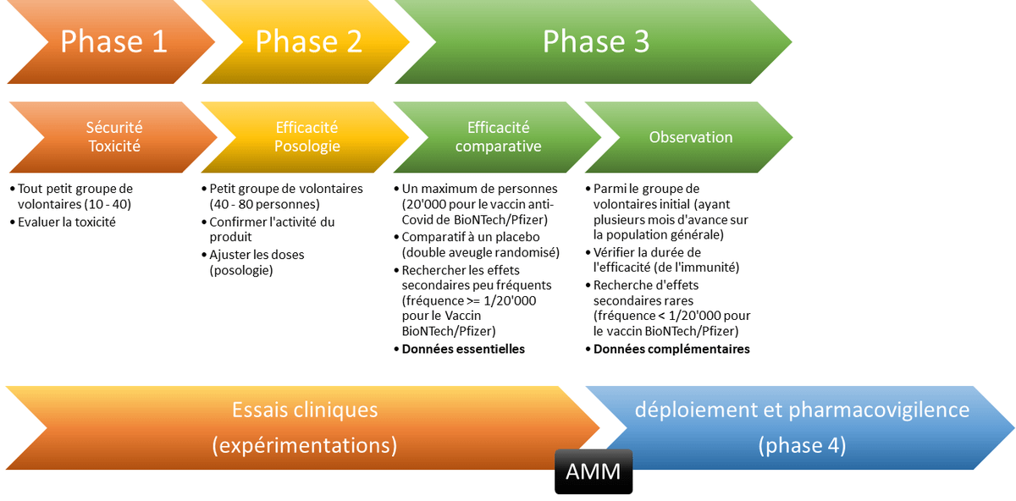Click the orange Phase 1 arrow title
113,41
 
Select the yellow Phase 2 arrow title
308,41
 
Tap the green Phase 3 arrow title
595,41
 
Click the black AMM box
594,471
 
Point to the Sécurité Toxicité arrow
113,137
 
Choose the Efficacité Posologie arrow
306,137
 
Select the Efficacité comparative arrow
498,137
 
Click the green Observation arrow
690,137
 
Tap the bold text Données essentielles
463,349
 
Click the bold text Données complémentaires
671,349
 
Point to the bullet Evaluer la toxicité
67,222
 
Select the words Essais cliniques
305,410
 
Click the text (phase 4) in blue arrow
802,445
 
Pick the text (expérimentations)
305,445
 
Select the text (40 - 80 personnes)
264,204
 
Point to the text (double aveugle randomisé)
480,252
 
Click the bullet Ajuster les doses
257,254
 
